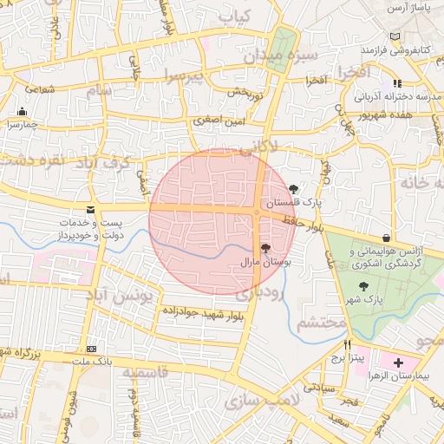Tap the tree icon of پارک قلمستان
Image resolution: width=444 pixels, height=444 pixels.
(294, 188)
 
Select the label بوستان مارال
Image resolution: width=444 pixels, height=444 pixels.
(270, 260)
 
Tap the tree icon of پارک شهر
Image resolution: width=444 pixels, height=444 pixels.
(362, 287)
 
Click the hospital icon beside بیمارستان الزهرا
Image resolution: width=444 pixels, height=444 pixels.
(398, 362)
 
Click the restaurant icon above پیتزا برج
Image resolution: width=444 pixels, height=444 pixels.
(348, 344)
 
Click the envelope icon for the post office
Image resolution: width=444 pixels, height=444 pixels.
(91, 210)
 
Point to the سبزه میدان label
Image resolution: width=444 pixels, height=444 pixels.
(280, 55)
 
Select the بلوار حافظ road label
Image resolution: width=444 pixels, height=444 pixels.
(303, 225)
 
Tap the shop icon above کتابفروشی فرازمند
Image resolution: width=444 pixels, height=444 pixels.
(396, 36)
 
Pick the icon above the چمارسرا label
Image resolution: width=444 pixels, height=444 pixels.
(22, 112)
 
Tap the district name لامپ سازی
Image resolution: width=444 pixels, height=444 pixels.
(259, 401)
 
